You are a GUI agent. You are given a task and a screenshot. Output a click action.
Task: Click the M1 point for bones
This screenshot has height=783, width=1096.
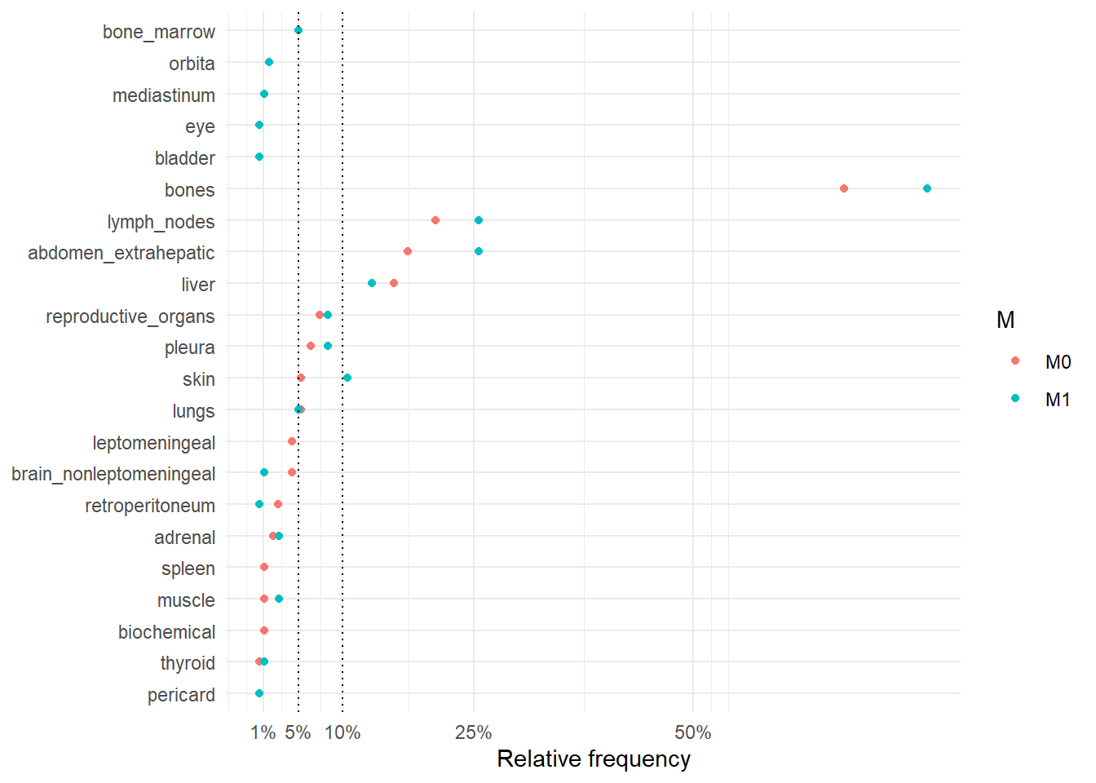926,188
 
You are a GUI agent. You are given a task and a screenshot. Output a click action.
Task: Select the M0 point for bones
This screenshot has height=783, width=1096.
843,188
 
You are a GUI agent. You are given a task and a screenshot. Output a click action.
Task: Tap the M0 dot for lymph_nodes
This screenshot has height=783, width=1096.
435,220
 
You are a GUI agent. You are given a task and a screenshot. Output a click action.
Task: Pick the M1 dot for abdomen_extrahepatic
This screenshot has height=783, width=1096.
479,251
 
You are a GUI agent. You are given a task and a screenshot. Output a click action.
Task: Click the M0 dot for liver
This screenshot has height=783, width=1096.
394,283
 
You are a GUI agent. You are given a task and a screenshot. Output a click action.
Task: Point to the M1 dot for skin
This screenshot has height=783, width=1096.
347,378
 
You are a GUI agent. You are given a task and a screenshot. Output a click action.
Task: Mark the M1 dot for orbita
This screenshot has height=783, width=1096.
269,62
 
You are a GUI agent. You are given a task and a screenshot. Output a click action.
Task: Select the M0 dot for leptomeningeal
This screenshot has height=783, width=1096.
292,441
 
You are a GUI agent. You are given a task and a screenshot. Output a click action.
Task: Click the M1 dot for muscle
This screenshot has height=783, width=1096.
279,599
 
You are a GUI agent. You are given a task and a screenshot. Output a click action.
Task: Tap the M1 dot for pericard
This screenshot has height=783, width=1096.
259,693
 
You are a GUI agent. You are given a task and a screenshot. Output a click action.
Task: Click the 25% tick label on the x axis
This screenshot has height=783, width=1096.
473,732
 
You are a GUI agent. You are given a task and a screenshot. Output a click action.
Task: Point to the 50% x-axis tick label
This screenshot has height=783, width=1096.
693,732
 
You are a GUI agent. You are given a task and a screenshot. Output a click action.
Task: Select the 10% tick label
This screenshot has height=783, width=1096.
342,732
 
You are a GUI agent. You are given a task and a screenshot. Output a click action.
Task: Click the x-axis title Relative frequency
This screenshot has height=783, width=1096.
594,759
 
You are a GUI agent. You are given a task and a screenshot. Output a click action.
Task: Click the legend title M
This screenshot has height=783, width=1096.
1005,321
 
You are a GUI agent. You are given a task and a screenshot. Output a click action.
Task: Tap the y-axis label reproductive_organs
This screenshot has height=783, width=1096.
130,316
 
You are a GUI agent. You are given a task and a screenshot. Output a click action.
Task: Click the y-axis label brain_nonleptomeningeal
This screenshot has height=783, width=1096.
113,474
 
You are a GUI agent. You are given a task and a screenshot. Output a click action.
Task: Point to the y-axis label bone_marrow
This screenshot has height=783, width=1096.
159,32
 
